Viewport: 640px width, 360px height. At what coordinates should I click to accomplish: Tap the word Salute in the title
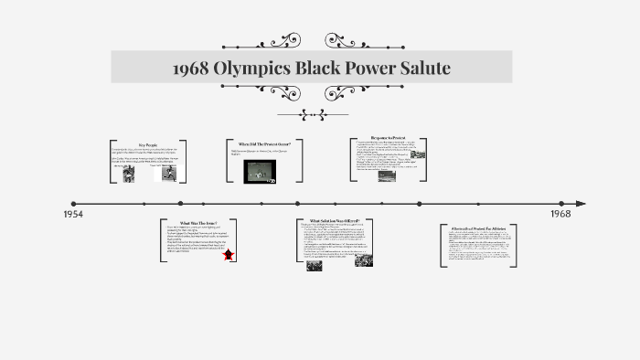coord(420,69)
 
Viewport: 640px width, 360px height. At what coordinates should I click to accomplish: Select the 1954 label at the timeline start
coord(74,214)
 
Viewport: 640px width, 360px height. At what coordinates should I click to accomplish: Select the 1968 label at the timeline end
coord(561,213)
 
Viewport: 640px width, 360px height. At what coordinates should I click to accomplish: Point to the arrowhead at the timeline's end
coord(580,204)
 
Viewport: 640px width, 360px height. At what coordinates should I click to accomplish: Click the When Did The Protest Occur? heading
coord(264,144)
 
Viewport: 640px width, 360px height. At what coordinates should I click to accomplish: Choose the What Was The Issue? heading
coord(197,222)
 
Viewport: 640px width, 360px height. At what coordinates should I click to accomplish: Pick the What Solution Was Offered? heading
coord(334,221)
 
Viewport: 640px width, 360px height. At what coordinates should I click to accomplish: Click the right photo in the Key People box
coord(168,174)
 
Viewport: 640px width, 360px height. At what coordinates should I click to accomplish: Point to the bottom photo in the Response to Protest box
coord(386,176)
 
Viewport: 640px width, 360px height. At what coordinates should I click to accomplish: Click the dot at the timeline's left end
coord(74,204)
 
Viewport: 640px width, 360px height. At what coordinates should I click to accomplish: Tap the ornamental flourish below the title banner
coord(313,114)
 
